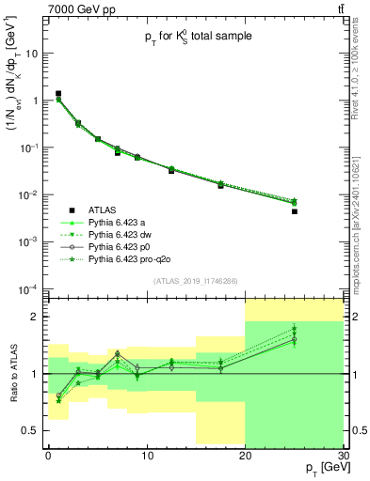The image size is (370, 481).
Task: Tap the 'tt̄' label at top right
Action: click(x=338, y=8)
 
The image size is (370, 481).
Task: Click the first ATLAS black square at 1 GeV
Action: click(x=58, y=94)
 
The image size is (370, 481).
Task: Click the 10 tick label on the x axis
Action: click(x=147, y=457)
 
